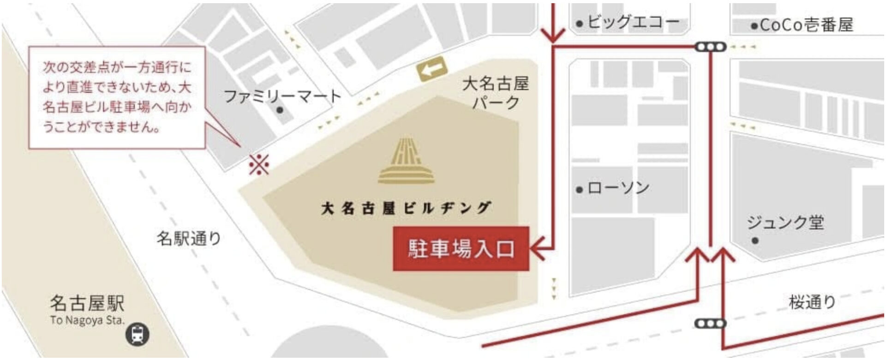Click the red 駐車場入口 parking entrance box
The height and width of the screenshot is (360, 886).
(x=461, y=249)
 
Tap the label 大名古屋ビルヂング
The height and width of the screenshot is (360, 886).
(x=406, y=208)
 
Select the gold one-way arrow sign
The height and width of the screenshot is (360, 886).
(x=432, y=70)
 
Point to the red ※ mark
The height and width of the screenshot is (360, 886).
(x=259, y=164)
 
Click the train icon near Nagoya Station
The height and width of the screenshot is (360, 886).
(x=138, y=334)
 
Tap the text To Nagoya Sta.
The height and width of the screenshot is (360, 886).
(x=87, y=320)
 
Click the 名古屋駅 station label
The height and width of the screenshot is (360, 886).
(x=87, y=303)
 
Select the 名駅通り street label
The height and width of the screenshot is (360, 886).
(x=189, y=238)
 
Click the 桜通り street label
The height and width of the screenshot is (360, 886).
(x=812, y=302)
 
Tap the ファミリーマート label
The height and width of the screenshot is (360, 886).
(x=282, y=96)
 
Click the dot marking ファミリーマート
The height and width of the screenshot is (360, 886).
(x=279, y=110)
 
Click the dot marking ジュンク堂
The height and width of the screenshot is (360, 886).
(x=755, y=240)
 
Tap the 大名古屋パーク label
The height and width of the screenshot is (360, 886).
(x=496, y=93)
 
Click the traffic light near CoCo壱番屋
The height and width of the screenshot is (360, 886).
(x=711, y=47)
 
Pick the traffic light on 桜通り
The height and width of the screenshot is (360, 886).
(x=711, y=324)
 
